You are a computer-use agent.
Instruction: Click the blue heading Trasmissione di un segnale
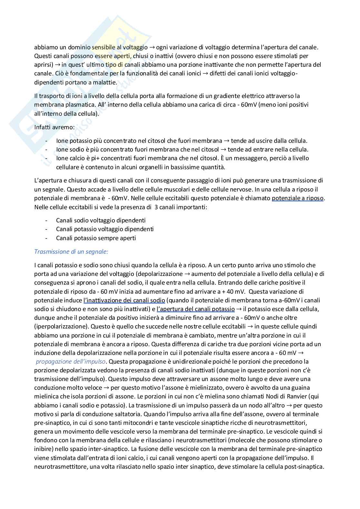(x=71, y=251)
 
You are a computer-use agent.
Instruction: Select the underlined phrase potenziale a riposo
(x=298, y=198)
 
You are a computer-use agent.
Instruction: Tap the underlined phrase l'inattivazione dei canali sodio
(x=125, y=300)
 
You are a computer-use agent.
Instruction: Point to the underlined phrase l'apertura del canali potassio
(x=195, y=309)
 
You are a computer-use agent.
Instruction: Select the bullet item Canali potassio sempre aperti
(x=96, y=238)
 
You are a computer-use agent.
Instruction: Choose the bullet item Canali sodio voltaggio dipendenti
(x=101, y=220)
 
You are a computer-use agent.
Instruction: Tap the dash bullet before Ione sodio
(x=46, y=150)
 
